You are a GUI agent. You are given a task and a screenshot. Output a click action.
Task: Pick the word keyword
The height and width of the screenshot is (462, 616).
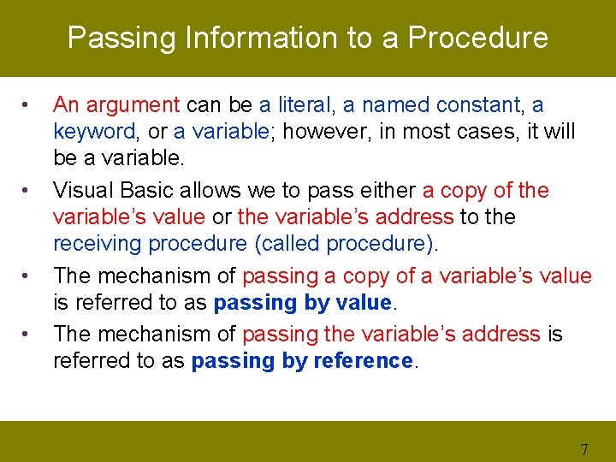[92, 132]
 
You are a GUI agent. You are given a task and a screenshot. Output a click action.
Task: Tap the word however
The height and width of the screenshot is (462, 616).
[317, 132]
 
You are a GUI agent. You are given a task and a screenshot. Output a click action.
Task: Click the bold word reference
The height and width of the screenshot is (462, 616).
[363, 361]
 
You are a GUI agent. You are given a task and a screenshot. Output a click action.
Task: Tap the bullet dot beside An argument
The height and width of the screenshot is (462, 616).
[29, 106]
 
